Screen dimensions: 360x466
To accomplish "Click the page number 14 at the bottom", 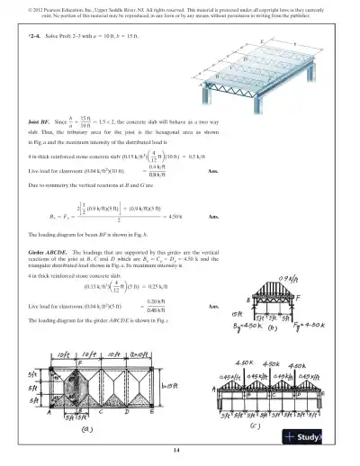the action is point(177,450).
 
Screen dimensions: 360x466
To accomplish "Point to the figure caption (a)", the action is point(87,430).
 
